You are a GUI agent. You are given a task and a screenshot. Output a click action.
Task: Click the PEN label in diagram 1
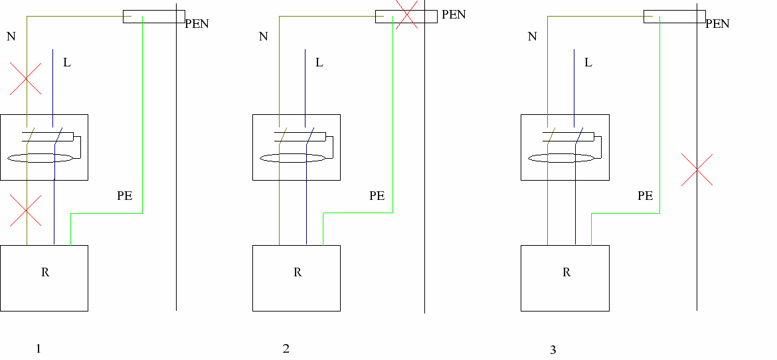[x=197, y=24]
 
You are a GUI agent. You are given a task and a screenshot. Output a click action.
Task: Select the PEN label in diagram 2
[x=454, y=15]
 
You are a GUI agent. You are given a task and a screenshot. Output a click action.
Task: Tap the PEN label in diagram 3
[x=717, y=24]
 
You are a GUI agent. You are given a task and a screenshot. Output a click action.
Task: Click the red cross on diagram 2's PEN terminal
[x=405, y=15]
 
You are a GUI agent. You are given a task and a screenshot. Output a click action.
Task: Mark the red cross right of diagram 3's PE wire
[x=697, y=170]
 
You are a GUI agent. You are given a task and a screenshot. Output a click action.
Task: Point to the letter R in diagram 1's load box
[x=45, y=272]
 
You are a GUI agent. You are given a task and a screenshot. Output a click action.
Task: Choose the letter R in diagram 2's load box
[x=297, y=272]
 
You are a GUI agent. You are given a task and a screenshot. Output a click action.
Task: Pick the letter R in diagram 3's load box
[x=566, y=272]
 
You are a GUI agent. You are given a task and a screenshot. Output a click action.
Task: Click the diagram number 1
[x=39, y=349]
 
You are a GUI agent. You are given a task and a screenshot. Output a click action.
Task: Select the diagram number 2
[x=286, y=349]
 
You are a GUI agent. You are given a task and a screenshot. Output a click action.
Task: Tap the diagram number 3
[x=553, y=351]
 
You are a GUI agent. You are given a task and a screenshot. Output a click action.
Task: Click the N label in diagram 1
[x=11, y=37]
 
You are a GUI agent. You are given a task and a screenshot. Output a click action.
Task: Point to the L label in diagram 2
[x=319, y=62]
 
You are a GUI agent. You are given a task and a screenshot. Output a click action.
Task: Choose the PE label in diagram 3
[x=645, y=196]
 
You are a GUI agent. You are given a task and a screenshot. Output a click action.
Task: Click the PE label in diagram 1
[x=124, y=196]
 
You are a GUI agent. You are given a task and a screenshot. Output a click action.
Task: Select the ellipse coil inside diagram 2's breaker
[x=293, y=158]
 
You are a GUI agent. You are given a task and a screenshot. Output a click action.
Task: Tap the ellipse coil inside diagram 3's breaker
[x=561, y=158]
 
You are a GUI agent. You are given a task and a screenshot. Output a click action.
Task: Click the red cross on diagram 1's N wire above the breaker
[x=25, y=79]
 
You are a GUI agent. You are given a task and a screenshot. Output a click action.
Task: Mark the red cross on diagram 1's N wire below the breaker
[x=25, y=211]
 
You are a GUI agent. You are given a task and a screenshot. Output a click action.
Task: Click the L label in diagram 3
[x=588, y=62]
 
